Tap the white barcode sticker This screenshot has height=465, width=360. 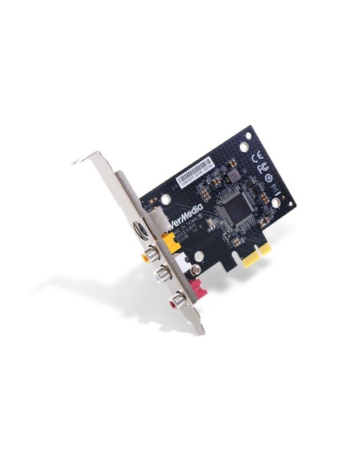(195, 169)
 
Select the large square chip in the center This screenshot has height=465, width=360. (237, 208)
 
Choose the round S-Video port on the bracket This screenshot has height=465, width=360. (139, 230)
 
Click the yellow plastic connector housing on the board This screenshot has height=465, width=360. (169, 237)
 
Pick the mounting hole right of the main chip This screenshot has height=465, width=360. (275, 203)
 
